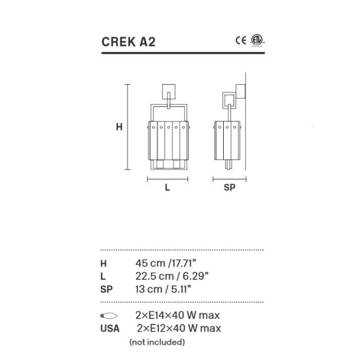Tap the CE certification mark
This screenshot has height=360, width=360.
point(241,40)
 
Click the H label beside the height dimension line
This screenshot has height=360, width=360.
point(120,127)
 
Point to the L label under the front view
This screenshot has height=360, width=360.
point(167,188)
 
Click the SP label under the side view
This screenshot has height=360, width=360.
point(230,188)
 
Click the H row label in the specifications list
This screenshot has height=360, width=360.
point(103,263)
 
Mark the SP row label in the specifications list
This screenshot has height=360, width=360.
point(106,288)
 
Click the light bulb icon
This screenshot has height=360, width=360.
point(108,315)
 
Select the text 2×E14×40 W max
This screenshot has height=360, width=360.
point(177,315)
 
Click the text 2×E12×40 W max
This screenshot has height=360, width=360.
point(179,328)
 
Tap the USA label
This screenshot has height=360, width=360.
point(109,328)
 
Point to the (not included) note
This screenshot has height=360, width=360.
point(157,342)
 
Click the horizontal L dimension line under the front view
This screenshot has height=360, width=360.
point(167,180)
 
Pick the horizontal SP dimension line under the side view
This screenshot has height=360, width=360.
point(229,180)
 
